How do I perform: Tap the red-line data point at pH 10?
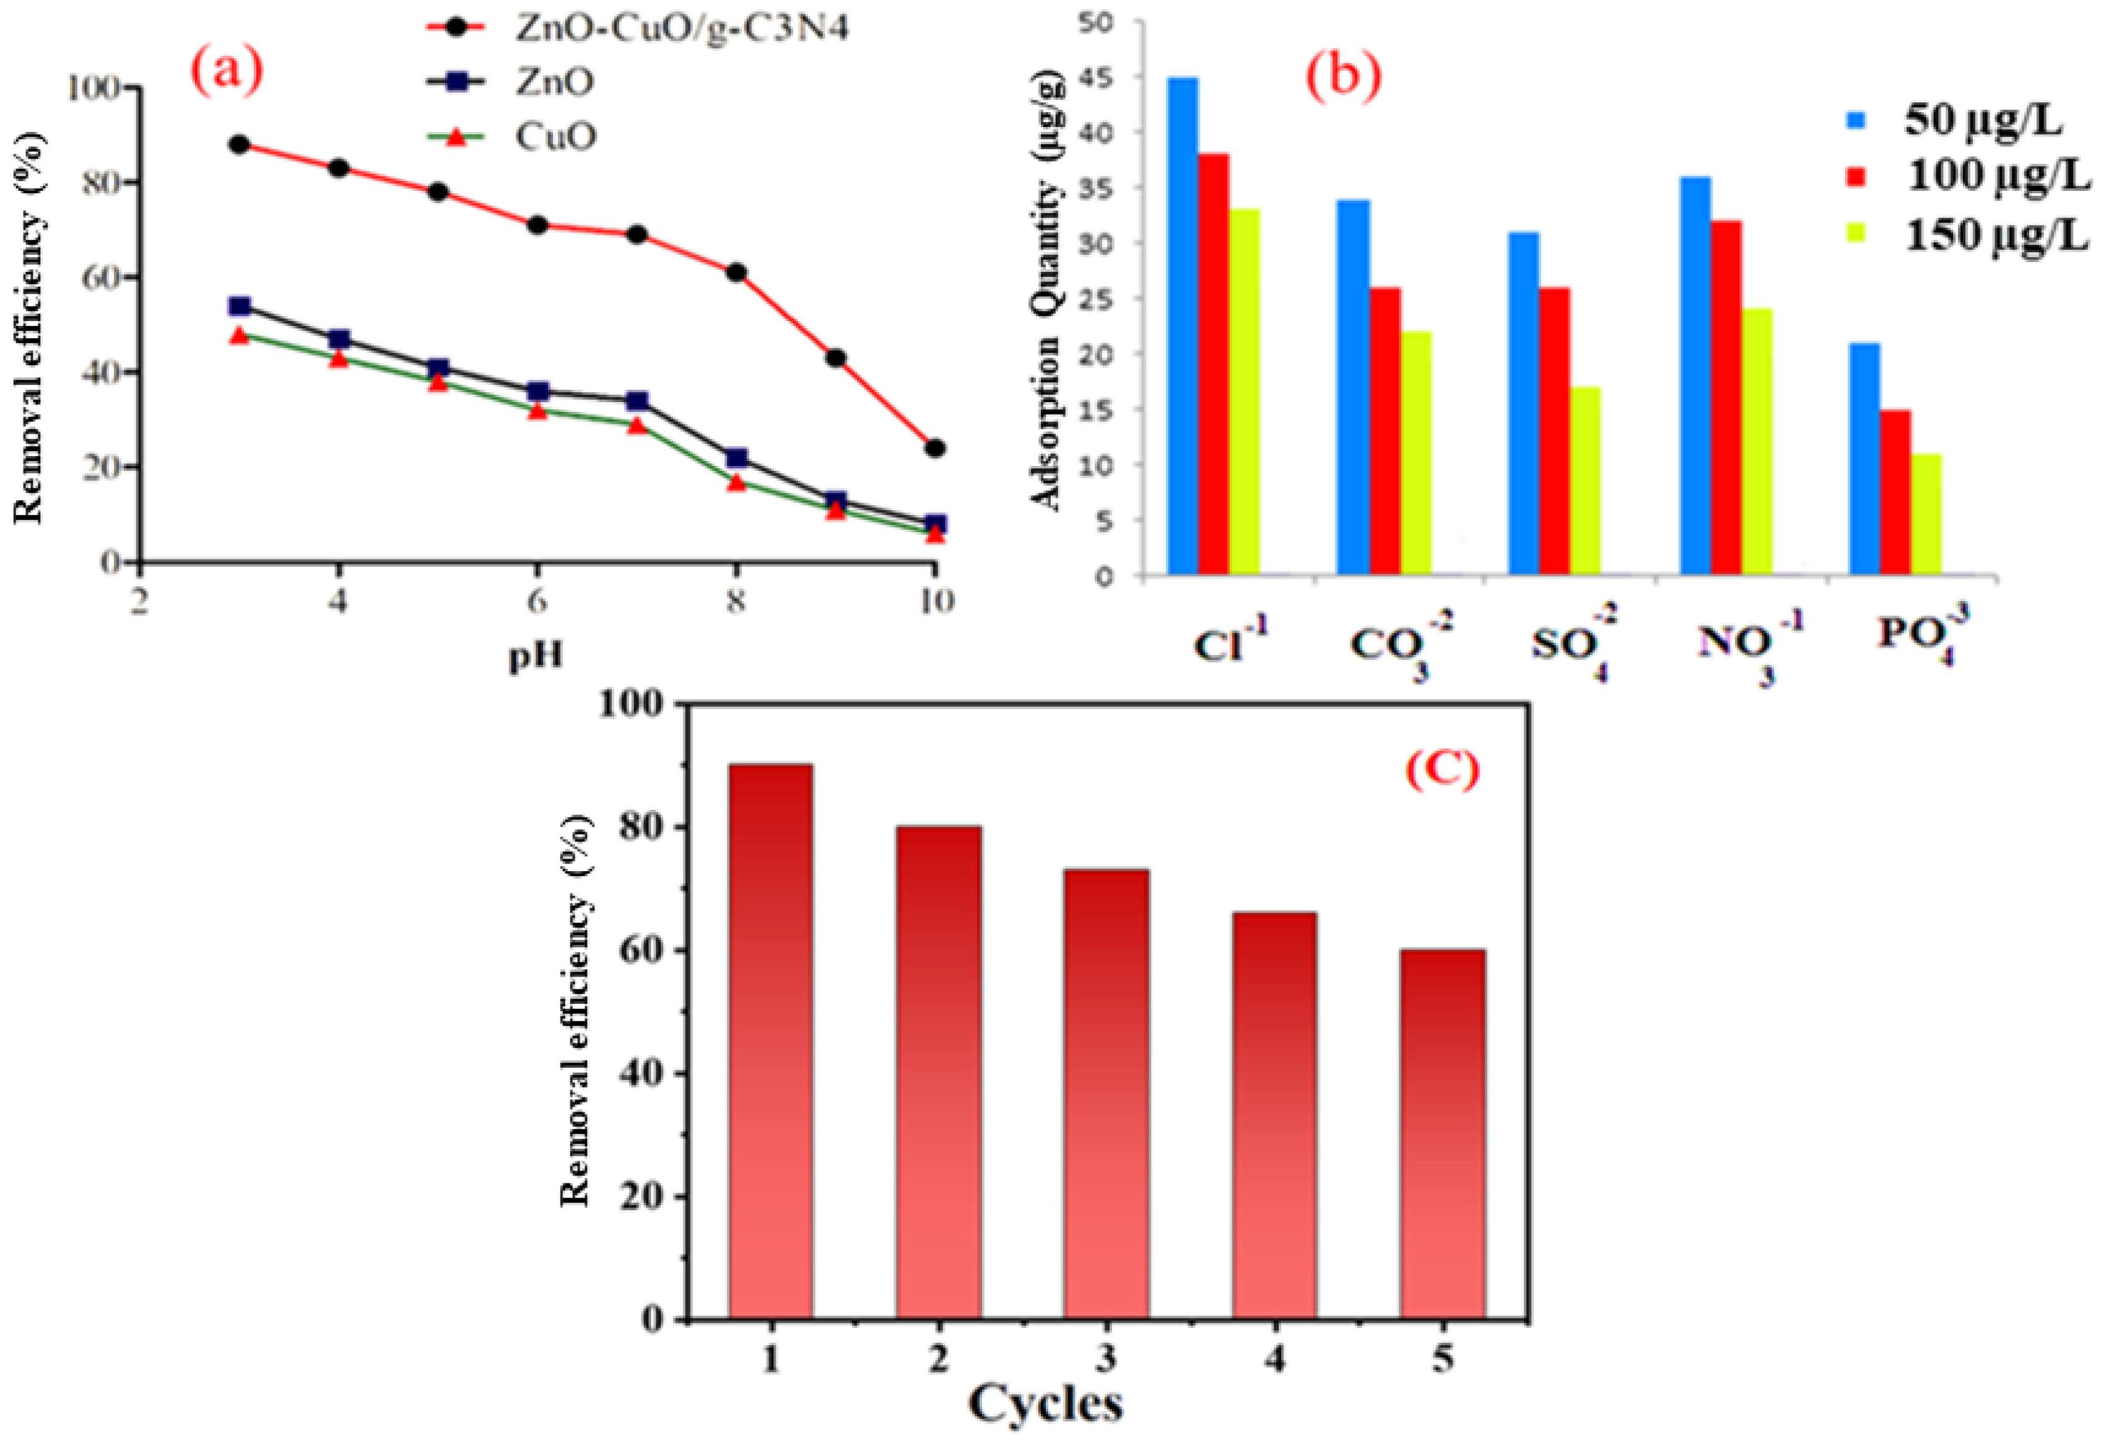tap(935, 448)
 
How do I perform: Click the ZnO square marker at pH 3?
tap(240, 307)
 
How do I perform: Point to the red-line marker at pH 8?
tap(736, 272)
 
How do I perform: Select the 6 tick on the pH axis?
tap(537, 600)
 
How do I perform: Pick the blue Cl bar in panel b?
tap(1183, 326)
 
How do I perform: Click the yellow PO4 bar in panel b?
tap(1926, 514)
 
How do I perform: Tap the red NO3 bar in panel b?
tap(1726, 398)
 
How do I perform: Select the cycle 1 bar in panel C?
tap(770, 1040)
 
